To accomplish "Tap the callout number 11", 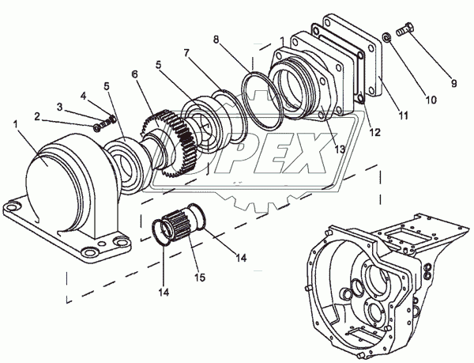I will pos(404,115).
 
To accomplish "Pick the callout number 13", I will pos(340,147).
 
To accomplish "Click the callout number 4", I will pos(85,96).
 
